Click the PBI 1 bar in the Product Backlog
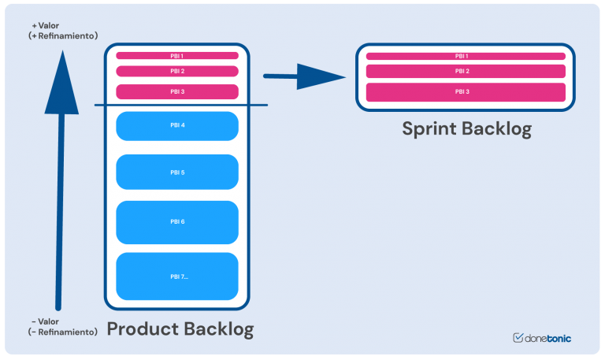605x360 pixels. coord(177,56)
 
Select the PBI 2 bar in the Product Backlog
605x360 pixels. coord(177,71)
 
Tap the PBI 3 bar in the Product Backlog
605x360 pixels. coord(177,91)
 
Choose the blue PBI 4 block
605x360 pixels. coord(177,126)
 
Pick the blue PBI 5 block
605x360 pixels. coord(177,172)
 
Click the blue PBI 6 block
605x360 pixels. coord(177,222)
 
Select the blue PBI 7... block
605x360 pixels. coord(177,276)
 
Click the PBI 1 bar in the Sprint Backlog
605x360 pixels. coord(465,56)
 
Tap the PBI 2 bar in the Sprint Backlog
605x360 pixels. coord(465,71)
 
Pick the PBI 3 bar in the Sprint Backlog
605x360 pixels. coord(465,92)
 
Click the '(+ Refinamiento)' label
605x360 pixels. coord(63,36)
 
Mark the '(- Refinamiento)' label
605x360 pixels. coord(63,332)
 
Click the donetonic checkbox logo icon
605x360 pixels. coord(518,338)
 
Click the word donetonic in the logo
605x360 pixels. coord(548,339)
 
